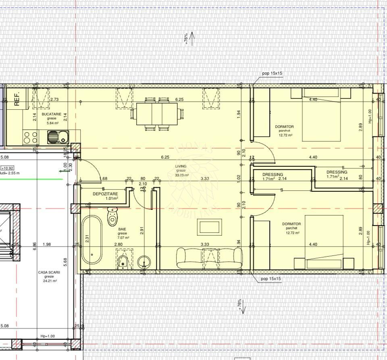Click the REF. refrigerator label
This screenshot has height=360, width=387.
click(17, 98)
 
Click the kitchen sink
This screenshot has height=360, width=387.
click(57, 137)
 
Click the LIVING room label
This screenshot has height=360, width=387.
click(181, 166)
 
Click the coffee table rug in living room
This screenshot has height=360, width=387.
click(209, 227)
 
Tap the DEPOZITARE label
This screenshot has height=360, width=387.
click(105, 194)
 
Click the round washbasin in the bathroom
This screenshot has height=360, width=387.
click(144, 263)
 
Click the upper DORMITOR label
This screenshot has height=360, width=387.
click(285, 127)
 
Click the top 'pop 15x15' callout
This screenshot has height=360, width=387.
click(272, 73)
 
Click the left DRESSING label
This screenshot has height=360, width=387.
click(273, 175)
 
